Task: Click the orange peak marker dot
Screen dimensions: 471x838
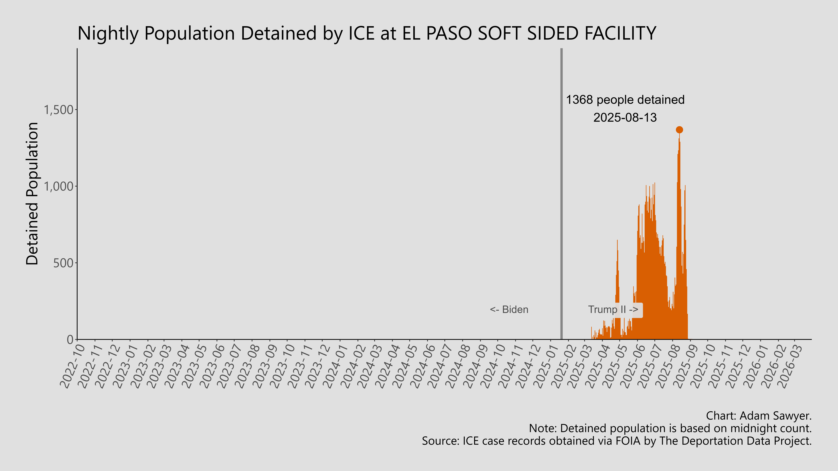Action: (x=679, y=130)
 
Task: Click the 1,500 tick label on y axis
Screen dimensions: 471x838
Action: (x=59, y=110)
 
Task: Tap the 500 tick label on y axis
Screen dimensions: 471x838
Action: (x=63, y=263)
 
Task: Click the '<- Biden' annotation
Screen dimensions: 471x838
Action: (x=509, y=309)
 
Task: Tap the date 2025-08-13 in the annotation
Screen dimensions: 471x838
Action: (x=625, y=117)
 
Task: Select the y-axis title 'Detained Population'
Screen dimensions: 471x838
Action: (x=33, y=194)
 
